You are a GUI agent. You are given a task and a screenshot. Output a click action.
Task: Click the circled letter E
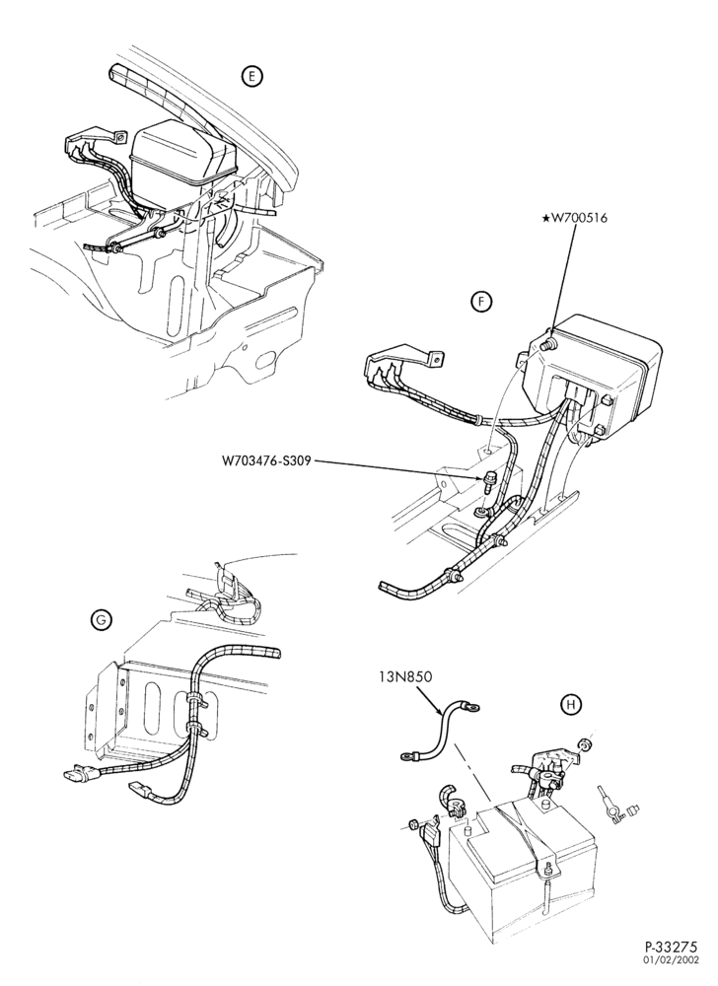(x=252, y=77)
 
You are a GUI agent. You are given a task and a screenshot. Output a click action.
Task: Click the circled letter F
(x=481, y=303)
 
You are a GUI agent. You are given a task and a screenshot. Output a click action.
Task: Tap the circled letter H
(x=570, y=705)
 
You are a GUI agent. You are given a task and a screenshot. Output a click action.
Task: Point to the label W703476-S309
(x=267, y=460)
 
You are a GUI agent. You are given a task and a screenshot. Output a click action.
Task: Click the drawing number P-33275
(x=671, y=962)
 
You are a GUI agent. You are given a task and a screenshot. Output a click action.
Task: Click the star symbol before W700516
(x=545, y=218)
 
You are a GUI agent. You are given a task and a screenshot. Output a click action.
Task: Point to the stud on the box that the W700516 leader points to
(x=548, y=344)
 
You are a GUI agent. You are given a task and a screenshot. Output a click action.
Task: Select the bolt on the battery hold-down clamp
(x=549, y=870)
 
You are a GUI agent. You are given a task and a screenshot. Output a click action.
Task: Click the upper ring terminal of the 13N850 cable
(x=475, y=709)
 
